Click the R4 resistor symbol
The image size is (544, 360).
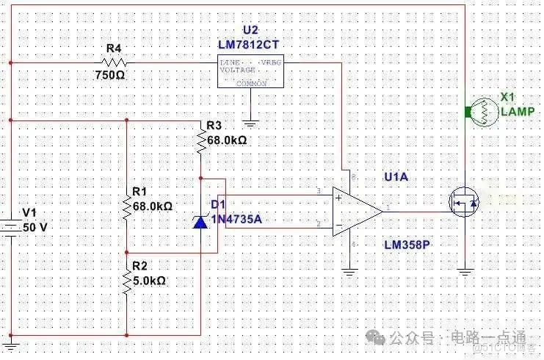pyautogui.click(x=113, y=62)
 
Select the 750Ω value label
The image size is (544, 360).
pyautogui.click(x=110, y=75)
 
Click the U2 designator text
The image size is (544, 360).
pyautogui.click(x=250, y=31)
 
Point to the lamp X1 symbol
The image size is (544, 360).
pyautogui.click(x=483, y=112)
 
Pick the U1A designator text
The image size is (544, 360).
pyautogui.click(x=396, y=177)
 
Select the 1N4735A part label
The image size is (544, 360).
pyautogui.click(x=236, y=219)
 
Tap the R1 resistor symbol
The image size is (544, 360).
pyautogui.click(x=126, y=209)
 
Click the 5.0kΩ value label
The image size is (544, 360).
pyautogui.click(x=150, y=280)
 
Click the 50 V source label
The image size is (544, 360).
pyautogui.click(x=35, y=228)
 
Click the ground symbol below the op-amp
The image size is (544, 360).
pyautogui.click(x=349, y=271)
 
